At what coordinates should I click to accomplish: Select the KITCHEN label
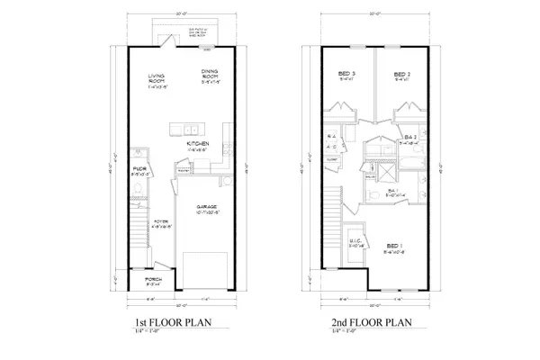[199, 143]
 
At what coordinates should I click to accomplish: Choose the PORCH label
[152, 279]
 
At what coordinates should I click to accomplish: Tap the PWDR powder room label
[139, 167]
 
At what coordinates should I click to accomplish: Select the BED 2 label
[402, 74]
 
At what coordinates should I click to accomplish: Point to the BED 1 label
[393, 245]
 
